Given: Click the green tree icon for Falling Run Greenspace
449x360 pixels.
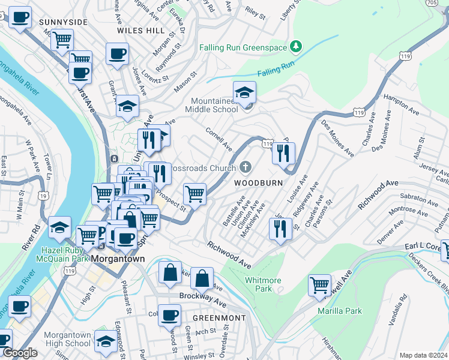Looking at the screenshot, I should tap(295, 46).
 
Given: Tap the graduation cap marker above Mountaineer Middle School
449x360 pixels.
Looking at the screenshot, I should tap(244, 93).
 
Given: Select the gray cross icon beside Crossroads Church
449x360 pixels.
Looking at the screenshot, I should tap(245, 167).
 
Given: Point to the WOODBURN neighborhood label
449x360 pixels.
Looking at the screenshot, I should tap(258, 182).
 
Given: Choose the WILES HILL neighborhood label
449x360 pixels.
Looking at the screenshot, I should tap(140, 29).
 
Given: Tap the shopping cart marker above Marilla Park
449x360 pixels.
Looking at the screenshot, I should tap(319, 285).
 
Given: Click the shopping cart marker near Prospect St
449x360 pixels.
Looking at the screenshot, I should tap(194, 194).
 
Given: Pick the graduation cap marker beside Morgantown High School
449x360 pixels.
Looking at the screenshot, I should tap(106, 341).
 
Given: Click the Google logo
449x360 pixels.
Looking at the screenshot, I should tap(20, 353).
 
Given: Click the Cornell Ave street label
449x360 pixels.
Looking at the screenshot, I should tap(218, 139).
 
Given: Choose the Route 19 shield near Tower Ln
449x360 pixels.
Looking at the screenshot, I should tap(42, 196).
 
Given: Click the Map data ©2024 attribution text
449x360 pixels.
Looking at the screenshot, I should tap(423, 355).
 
